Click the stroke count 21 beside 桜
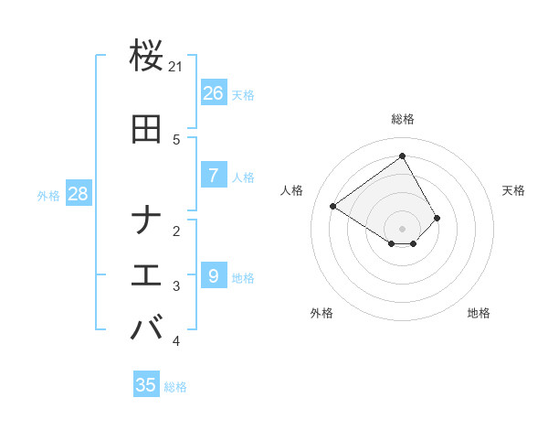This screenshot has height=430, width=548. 176,67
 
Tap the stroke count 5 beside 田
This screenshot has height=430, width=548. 176,140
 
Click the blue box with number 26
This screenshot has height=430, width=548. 213,93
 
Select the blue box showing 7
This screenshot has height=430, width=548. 213,176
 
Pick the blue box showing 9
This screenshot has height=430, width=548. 213,276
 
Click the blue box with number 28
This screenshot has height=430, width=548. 77,194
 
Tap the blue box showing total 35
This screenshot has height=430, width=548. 146,385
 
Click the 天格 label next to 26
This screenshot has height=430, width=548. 243,95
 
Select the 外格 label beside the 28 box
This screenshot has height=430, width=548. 48,196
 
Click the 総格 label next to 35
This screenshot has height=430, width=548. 175,387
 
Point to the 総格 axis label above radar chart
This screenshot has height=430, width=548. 402,119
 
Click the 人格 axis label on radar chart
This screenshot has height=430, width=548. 292,190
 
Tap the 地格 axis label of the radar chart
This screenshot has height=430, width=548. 479,313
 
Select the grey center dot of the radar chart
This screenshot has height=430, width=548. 402,229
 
